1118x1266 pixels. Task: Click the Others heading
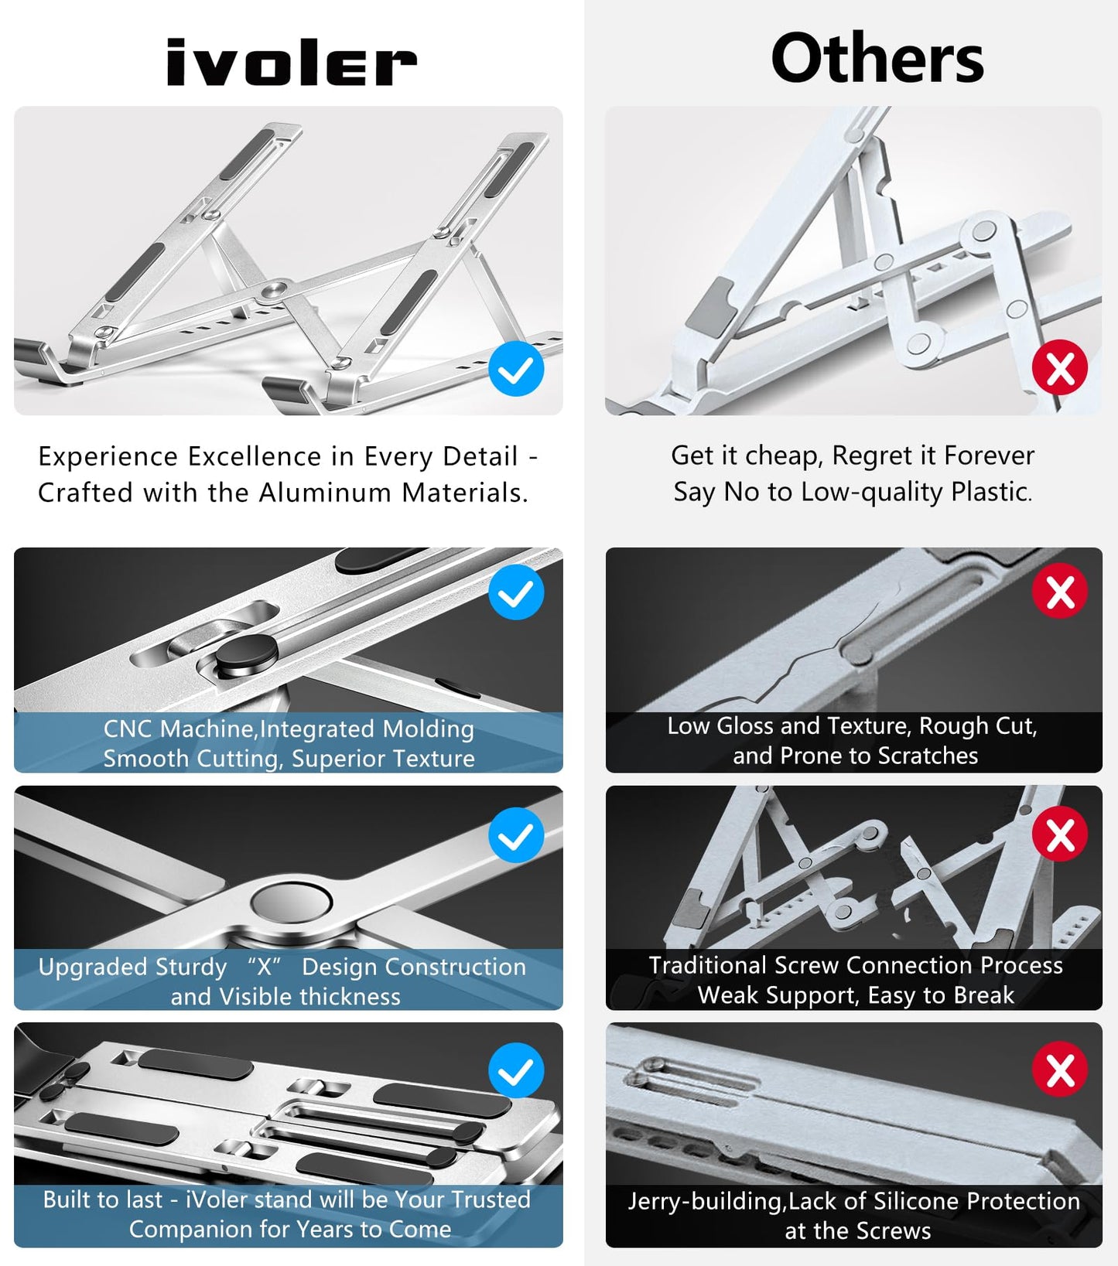tap(877, 59)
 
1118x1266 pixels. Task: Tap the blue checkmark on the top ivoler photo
tap(516, 369)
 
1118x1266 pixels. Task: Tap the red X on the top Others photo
tap(1059, 368)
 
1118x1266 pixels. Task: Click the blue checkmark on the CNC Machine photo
tap(516, 592)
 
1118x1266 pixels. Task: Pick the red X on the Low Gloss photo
tap(1059, 592)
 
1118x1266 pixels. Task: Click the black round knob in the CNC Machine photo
tap(246, 654)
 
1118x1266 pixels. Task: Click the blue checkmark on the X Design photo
tap(516, 835)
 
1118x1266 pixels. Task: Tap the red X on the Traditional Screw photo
tap(1059, 834)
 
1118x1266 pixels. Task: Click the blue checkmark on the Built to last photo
tap(516, 1070)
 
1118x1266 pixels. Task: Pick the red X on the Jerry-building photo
tap(1059, 1070)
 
